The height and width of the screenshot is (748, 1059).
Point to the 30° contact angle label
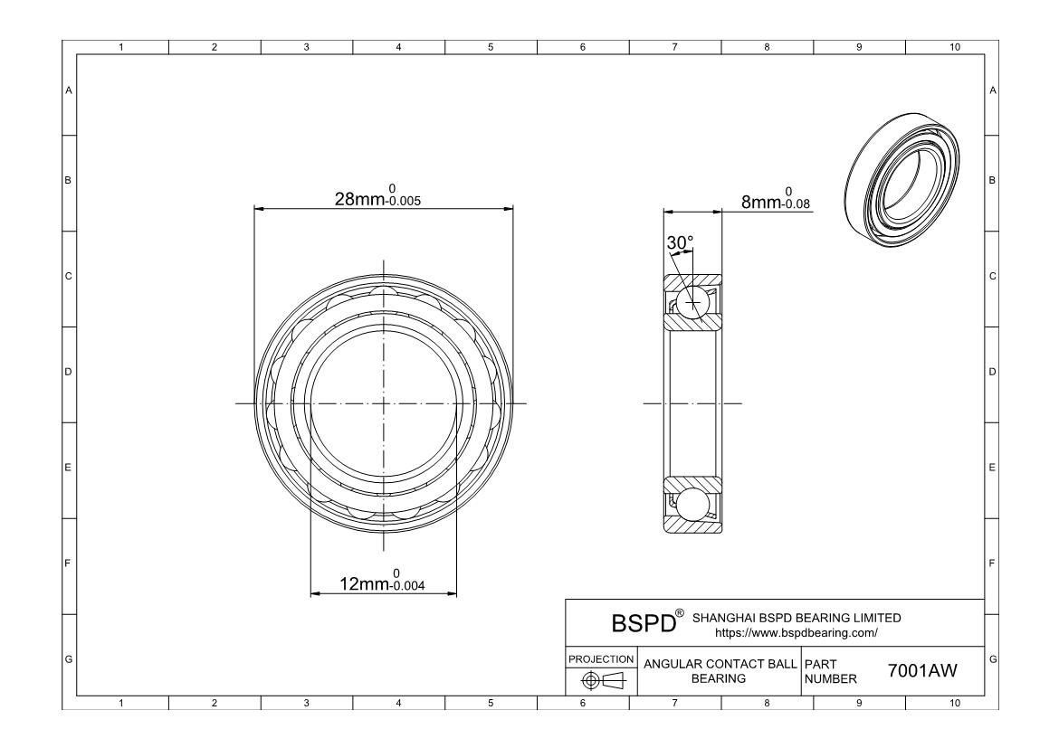click(680, 242)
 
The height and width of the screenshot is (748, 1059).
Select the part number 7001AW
click(922, 670)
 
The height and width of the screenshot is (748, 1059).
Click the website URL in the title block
click(797, 632)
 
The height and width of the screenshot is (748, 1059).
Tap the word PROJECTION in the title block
click(601, 658)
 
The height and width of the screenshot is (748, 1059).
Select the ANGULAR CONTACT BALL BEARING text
click(720, 671)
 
